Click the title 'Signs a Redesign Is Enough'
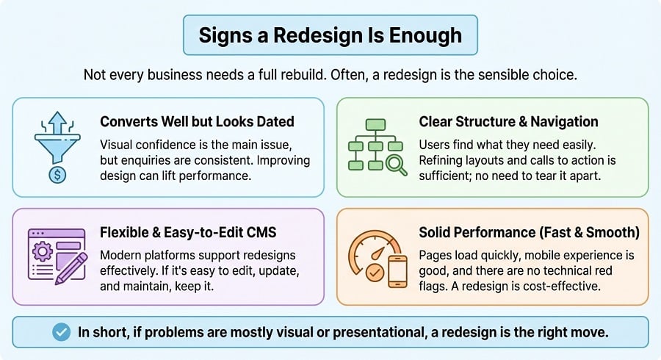[x=330, y=35]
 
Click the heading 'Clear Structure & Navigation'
[x=508, y=121]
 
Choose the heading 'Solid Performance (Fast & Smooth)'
[x=529, y=232]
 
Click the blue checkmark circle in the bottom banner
[x=62, y=332]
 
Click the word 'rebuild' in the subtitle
[x=319, y=75]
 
